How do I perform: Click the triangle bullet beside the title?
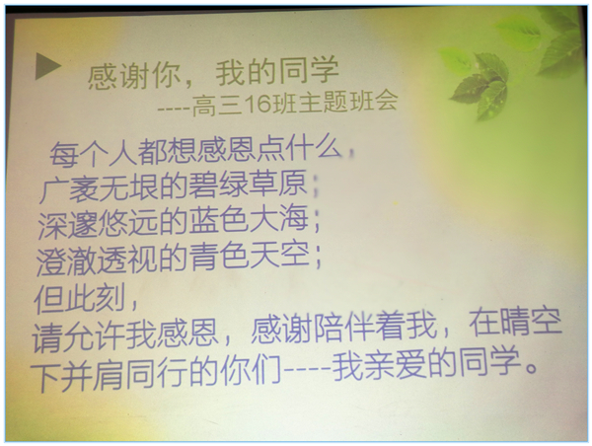point(47,66)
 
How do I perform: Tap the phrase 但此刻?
point(80,299)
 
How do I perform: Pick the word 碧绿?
point(217,185)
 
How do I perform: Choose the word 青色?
point(219,255)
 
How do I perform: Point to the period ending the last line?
point(532,368)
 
